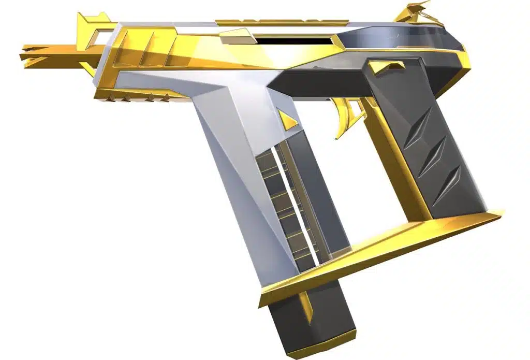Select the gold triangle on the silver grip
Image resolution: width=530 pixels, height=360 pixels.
click(286, 119)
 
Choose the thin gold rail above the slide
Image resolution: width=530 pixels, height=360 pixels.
click(282, 22)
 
